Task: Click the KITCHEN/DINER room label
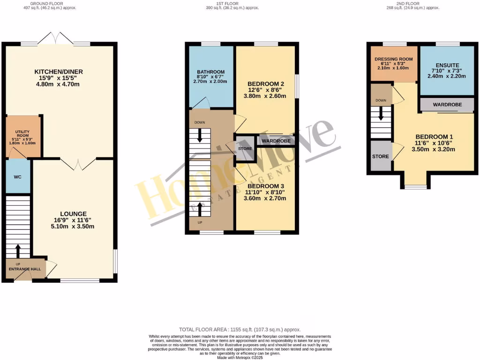pos(59,72)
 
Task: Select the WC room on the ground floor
pos(17,177)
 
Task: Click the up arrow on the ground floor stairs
pos(18,251)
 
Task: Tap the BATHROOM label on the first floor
pos(210,72)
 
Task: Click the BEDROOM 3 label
pos(266,186)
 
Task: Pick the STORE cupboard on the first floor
pos(245,149)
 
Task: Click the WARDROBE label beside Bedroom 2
pos(276,141)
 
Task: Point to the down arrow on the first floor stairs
pos(201,136)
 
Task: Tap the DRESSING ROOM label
pos(393,59)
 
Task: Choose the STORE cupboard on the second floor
pos(381,156)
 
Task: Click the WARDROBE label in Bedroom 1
pos(447,104)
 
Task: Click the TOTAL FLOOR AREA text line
pos(240,330)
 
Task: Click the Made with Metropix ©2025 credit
pos(240,358)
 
